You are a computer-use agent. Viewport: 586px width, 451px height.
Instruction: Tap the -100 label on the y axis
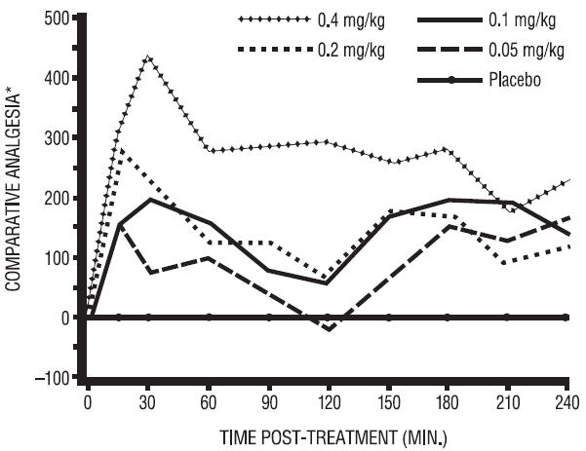pyautogui.click(x=53, y=378)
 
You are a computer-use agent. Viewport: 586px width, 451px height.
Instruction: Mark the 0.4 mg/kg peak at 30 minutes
pyautogui.click(x=148, y=57)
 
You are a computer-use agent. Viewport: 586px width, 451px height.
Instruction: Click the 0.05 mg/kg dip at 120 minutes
pyautogui.click(x=330, y=329)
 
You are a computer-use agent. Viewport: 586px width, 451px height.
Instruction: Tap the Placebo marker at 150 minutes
pyautogui.click(x=388, y=318)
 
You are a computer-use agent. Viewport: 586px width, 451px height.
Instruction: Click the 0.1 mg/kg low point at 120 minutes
pyautogui.click(x=330, y=283)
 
